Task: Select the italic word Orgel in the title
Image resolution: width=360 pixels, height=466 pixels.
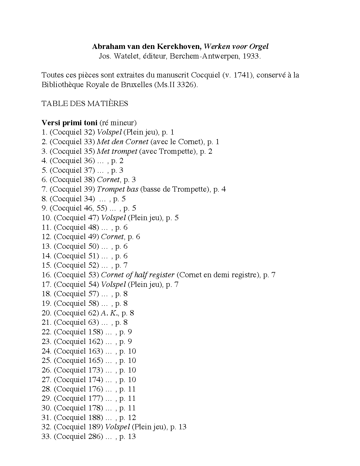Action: click(259, 46)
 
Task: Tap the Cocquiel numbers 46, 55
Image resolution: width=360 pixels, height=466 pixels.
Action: click(93, 208)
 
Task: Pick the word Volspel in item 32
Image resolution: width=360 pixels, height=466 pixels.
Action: click(117, 427)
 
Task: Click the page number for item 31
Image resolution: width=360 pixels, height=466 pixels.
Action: click(132, 418)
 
